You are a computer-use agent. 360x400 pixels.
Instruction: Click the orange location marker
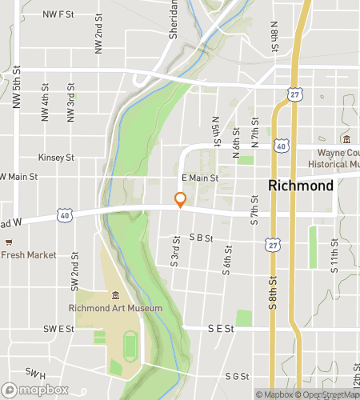tap(181, 200)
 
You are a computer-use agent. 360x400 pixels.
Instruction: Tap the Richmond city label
tap(301, 186)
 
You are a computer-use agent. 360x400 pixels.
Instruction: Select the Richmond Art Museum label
tap(116, 308)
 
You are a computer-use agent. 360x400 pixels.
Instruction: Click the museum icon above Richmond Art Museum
tap(115, 296)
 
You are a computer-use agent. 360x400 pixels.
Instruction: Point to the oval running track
tap(130, 346)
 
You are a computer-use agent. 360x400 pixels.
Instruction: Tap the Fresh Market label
tap(29, 255)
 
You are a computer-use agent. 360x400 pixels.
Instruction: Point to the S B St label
tap(198, 237)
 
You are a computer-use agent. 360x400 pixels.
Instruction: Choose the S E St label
tap(220, 328)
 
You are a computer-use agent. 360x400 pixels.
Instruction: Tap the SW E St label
tap(58, 328)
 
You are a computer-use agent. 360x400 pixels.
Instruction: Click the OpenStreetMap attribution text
tap(326, 394)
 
